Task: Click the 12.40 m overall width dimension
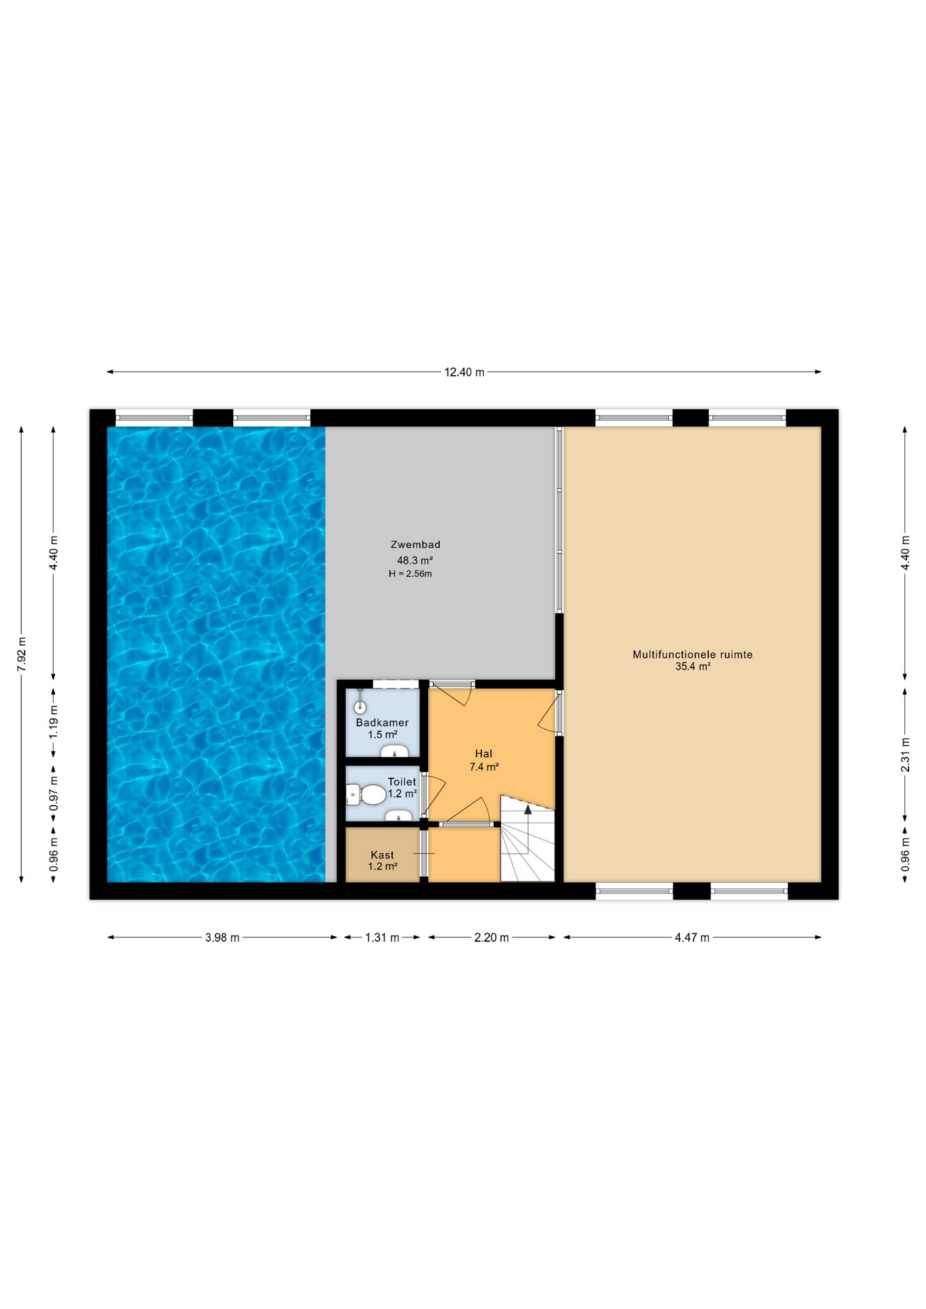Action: [x=464, y=372]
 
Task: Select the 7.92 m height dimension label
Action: [x=22, y=654]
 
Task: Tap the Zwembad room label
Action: [x=415, y=545]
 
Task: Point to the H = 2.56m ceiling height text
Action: [x=410, y=574]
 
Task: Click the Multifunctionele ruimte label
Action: [x=693, y=654]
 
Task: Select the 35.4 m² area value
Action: [x=693, y=667]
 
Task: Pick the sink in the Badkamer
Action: [x=394, y=751]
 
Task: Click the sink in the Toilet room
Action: [x=398, y=815]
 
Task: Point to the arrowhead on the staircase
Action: [x=528, y=809]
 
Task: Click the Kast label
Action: [x=383, y=855]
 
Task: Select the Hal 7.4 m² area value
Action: [x=484, y=767]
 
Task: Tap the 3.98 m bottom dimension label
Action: [x=222, y=937]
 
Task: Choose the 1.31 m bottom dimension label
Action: [x=382, y=937]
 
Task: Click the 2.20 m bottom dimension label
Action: [x=492, y=937]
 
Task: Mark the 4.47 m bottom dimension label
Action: [x=692, y=937]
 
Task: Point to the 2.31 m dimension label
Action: [x=906, y=755]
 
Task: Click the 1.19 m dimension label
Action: [x=54, y=721]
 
